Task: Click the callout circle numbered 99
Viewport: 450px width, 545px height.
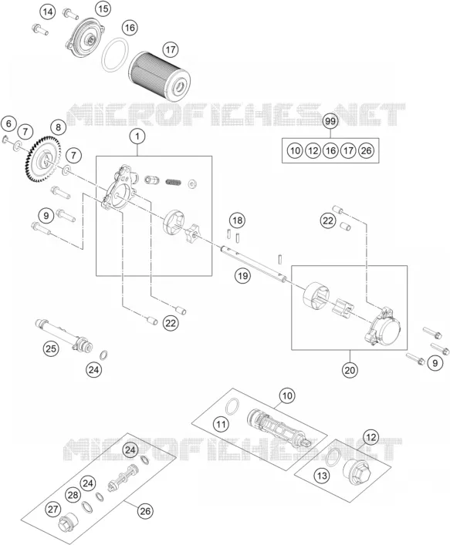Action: [330, 121]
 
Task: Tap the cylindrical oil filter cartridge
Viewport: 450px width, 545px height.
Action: [160, 76]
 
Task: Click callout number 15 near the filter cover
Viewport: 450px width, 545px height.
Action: [103, 8]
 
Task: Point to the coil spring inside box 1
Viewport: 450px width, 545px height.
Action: [174, 182]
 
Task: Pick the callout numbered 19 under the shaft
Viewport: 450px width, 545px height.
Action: [242, 276]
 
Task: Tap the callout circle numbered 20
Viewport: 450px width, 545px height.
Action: [350, 370]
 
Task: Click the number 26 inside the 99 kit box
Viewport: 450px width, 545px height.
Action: [366, 150]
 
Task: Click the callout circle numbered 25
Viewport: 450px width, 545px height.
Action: [51, 348]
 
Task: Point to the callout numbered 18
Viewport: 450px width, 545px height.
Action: [237, 220]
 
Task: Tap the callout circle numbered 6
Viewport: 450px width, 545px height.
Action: [8, 123]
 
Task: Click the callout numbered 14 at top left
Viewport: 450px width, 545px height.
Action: [48, 12]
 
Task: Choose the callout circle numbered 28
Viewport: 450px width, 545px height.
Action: [73, 495]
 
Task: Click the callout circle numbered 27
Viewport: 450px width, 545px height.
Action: [53, 510]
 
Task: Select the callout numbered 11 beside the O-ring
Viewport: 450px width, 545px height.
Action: [221, 424]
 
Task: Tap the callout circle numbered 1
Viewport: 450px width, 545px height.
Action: [137, 136]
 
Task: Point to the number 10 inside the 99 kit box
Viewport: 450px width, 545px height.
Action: [295, 150]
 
